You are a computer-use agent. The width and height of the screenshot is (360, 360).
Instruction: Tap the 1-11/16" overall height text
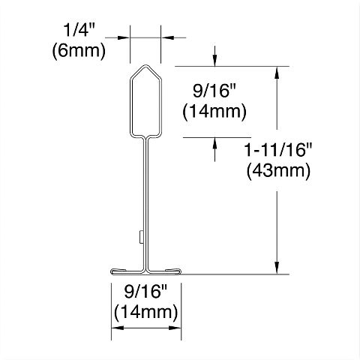[x=278, y=151]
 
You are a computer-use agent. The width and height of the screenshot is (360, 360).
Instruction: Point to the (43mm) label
[x=278, y=170]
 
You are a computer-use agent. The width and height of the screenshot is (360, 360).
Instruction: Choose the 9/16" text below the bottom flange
[x=145, y=292]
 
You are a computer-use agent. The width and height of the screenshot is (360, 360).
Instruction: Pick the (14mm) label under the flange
[x=145, y=310]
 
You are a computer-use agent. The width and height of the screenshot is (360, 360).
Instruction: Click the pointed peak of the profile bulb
[x=146, y=67]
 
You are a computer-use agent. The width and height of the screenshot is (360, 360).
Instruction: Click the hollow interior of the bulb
[x=146, y=105]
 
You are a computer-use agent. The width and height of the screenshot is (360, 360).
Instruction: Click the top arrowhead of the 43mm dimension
[x=278, y=71]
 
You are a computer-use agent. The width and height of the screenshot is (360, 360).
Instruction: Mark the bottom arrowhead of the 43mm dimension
[x=278, y=269]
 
